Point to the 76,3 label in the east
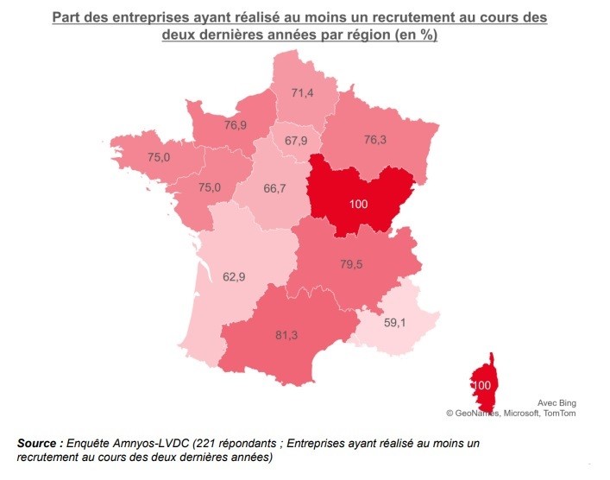(376, 140)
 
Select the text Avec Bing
(556, 403)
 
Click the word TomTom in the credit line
(558, 414)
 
